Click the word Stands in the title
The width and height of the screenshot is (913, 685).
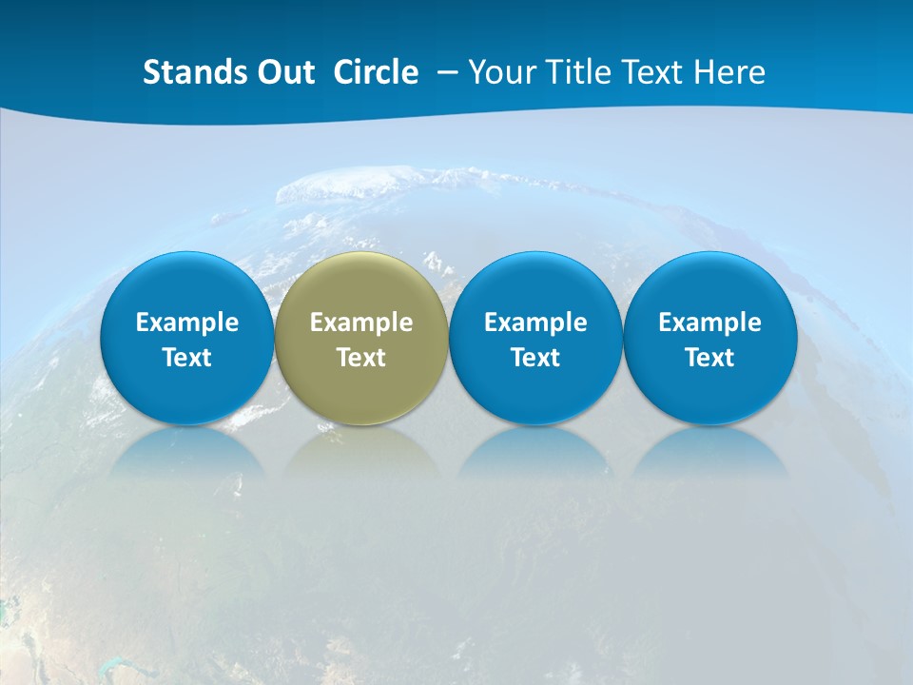tap(186, 72)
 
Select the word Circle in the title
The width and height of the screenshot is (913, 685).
tap(376, 72)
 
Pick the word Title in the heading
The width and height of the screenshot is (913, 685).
tap(580, 72)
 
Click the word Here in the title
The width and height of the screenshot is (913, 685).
tap(731, 72)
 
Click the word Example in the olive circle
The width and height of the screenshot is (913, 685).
tap(361, 323)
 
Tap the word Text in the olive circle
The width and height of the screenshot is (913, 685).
tap(361, 359)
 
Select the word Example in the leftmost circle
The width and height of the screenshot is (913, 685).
tap(186, 323)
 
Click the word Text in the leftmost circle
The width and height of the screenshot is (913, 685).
tap(186, 359)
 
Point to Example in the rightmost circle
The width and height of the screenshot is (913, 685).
tap(709, 323)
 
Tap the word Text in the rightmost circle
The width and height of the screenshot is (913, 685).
tap(709, 359)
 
